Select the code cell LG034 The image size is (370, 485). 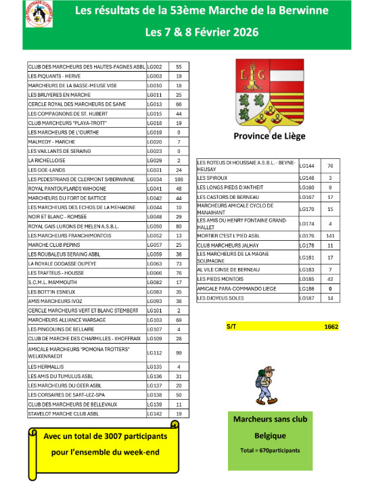(x=155, y=179)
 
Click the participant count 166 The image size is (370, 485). (x=179, y=179)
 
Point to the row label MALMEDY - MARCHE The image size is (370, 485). (x=52, y=142)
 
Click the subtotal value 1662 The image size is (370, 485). (x=331, y=327)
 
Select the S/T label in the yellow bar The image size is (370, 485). (x=231, y=327)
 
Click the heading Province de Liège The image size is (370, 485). (x=269, y=136)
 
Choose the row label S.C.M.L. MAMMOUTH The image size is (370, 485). (x=56, y=281)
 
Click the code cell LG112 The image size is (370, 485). (x=155, y=352)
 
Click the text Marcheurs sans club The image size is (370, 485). (x=270, y=420)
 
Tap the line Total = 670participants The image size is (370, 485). (x=270, y=450)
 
